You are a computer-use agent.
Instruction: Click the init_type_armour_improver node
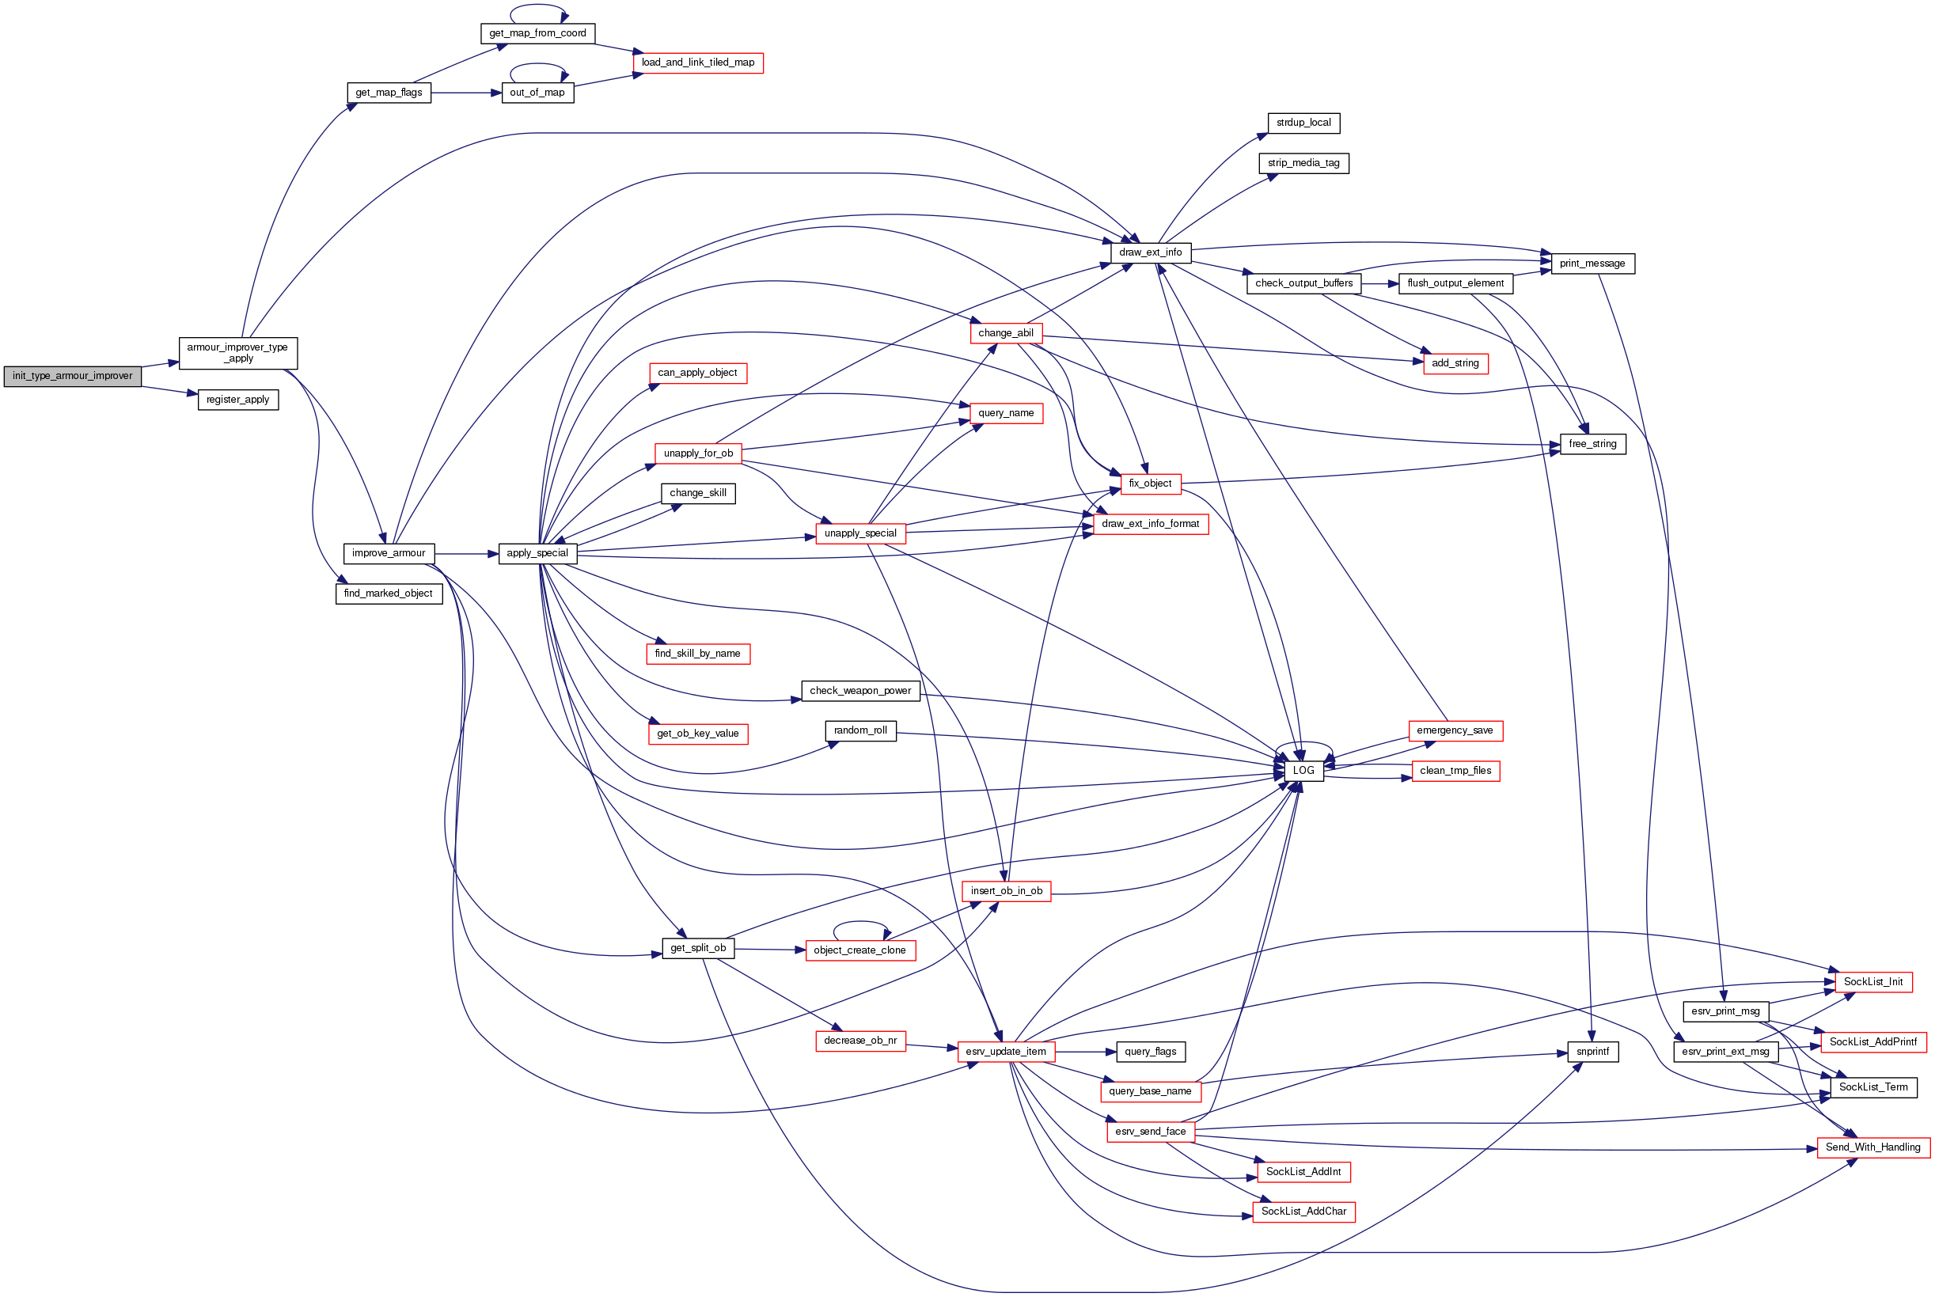72,377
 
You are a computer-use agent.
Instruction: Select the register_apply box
237,400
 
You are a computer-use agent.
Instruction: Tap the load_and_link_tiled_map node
697,63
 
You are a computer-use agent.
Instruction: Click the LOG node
1303,771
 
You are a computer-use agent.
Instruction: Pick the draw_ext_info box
1150,253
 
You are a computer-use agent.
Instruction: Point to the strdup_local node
1303,123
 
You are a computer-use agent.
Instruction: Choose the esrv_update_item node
1005,1052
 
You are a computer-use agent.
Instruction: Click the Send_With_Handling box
1873,1148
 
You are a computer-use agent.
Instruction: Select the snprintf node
1592,1052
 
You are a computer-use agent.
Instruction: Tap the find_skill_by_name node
697,654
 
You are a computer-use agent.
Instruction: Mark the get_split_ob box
697,949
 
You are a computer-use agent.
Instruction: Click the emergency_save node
1455,731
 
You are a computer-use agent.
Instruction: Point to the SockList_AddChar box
1303,1212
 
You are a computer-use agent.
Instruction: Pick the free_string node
1592,444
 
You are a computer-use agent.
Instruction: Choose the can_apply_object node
697,373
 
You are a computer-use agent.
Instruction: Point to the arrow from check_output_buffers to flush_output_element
1379,284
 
